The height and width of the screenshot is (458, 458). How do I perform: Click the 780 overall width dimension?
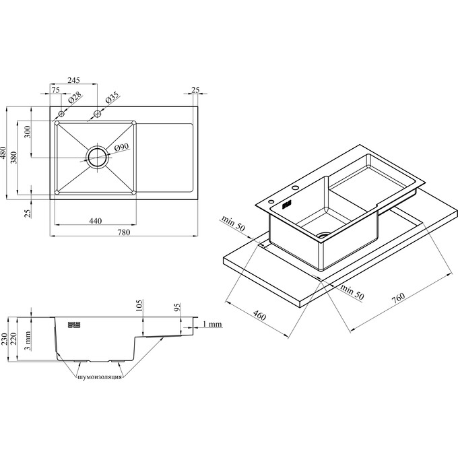tap(123, 232)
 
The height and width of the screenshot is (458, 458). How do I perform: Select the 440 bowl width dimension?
tap(96, 221)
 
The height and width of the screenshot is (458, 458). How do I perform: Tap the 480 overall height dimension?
tap(3, 152)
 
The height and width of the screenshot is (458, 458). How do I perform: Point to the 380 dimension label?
tap(14, 158)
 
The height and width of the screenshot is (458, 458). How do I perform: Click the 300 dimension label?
tap(27, 132)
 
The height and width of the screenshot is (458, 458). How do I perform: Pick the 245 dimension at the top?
tap(73, 80)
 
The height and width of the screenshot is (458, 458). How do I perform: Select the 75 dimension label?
tap(55, 90)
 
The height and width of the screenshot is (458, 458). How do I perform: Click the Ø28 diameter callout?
tap(75, 98)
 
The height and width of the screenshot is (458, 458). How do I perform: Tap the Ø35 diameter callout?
tap(112, 98)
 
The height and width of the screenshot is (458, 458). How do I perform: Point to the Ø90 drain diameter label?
tap(121, 147)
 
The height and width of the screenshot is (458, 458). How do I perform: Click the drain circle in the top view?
tap(97, 157)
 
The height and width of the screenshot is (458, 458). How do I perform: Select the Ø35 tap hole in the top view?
tap(97, 113)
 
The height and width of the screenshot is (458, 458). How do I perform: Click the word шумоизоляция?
tap(100, 377)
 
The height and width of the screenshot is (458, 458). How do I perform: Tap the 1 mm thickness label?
tap(212, 324)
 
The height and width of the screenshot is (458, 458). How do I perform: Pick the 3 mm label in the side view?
tap(27, 341)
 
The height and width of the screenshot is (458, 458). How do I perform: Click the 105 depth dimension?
tap(139, 305)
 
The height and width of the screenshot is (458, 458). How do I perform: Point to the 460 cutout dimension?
tap(259, 316)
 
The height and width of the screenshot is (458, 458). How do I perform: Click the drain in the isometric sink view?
tap(324, 234)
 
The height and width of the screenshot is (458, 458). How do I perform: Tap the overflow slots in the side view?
tap(74, 325)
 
